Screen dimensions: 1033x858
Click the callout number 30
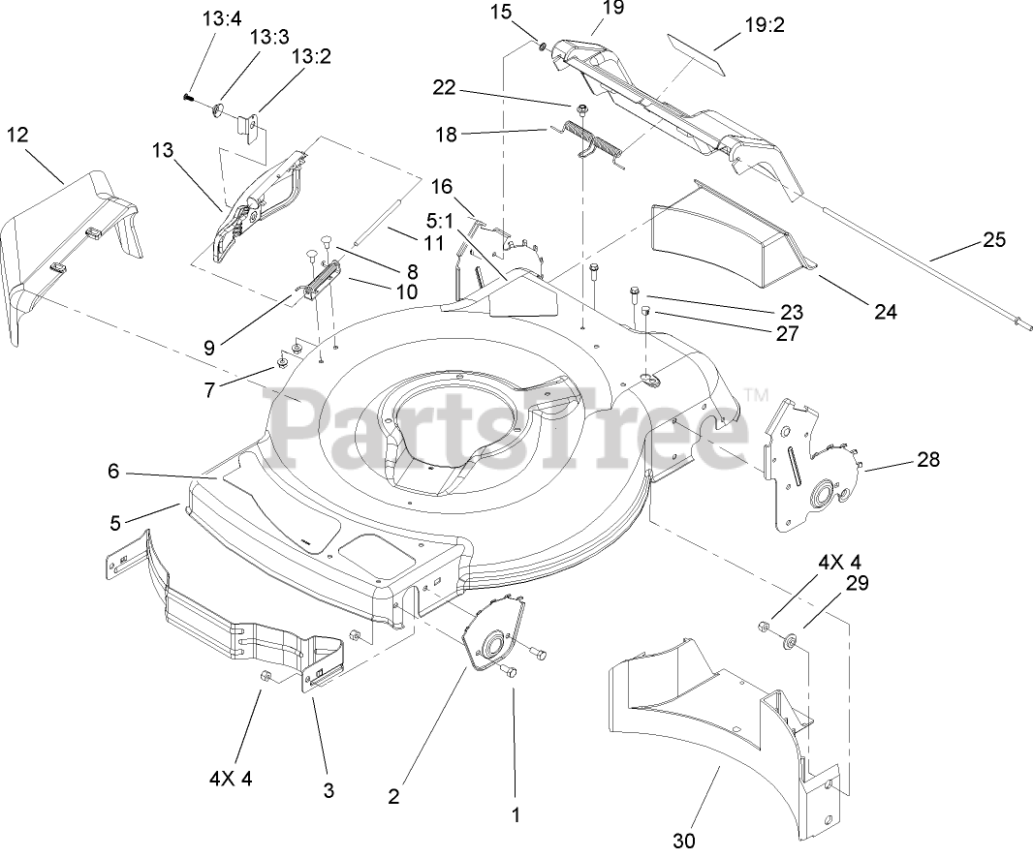684,841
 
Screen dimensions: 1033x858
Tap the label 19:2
765,25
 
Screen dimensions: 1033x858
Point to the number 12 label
17,135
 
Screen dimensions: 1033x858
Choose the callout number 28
927,460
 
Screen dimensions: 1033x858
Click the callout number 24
885,312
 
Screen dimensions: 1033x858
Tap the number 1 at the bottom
516,815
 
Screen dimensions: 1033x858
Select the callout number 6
113,472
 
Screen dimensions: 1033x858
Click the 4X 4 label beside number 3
231,778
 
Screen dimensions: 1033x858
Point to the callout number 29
857,583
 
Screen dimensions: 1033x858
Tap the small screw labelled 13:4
187,96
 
